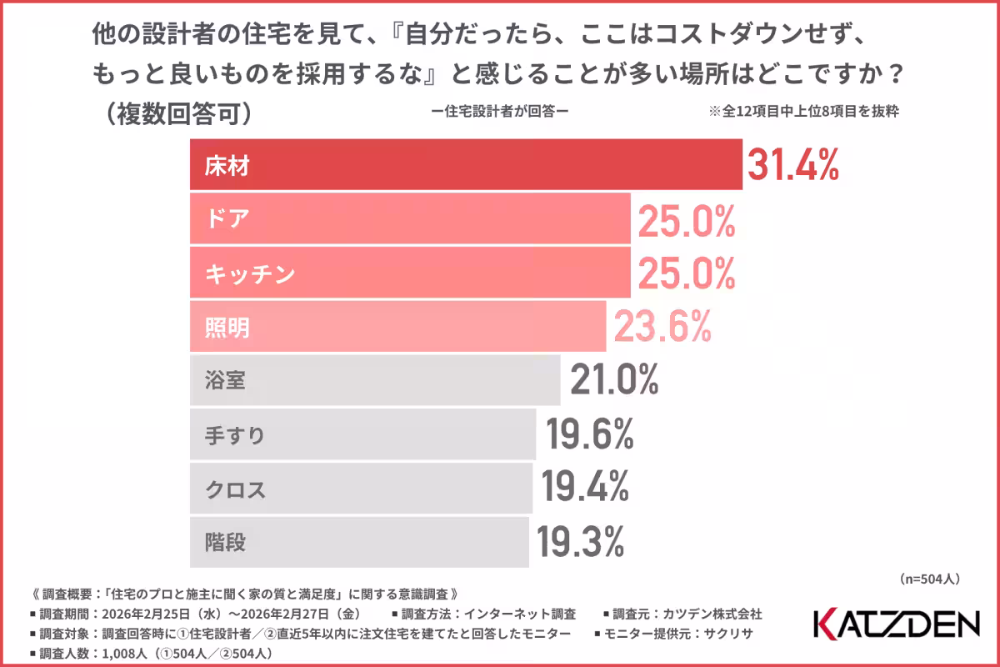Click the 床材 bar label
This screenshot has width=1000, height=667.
point(227,166)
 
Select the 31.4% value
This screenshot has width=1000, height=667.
point(792,166)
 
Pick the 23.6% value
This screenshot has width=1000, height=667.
point(662,327)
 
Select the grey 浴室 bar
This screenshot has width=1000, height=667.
point(375,382)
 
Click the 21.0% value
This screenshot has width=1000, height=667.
point(614,382)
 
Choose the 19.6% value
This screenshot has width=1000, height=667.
point(590,436)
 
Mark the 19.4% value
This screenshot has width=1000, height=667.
point(586,489)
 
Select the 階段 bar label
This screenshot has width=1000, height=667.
point(227,543)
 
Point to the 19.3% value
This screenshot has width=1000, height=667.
point(581,543)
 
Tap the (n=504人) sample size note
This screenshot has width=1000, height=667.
point(932,577)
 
